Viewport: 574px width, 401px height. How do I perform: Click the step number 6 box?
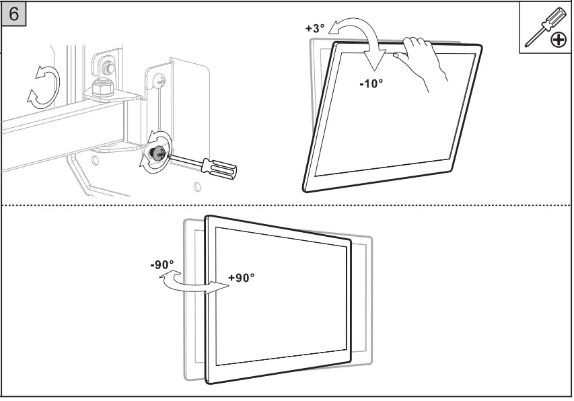[x=14, y=13]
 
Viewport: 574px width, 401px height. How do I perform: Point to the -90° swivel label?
[x=162, y=264]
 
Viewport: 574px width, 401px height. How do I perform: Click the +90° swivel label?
[x=242, y=278]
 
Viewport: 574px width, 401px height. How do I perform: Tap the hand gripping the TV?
[x=424, y=61]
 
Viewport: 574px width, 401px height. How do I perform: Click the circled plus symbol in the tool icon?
[x=558, y=41]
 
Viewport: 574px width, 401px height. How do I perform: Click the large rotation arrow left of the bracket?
[x=44, y=85]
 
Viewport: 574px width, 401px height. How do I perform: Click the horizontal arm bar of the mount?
[x=61, y=128]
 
